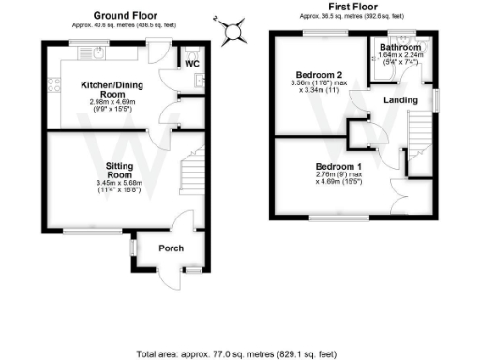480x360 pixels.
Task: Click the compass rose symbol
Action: [232, 30]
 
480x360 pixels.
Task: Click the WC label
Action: [191, 64]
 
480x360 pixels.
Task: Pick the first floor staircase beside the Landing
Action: [419, 136]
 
